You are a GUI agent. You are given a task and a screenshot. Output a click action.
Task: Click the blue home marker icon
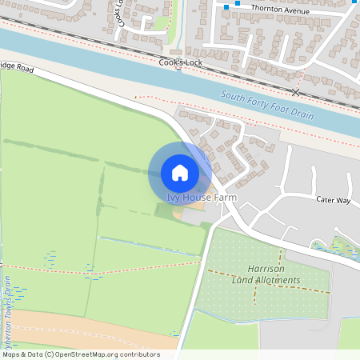[180, 172]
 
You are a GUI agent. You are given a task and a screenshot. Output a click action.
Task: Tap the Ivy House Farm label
[202, 198]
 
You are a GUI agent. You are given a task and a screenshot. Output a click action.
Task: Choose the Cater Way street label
[333, 199]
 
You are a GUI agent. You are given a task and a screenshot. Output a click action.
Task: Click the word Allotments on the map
[277, 280]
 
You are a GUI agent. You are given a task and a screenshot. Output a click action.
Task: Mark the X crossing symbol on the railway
[296, 93]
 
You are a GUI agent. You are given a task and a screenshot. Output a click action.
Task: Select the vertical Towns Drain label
[7, 308]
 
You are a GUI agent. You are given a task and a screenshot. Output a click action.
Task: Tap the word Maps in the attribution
[11, 354]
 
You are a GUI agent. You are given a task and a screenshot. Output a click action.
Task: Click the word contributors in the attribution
[141, 354]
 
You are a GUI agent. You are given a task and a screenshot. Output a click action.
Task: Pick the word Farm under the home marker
[225, 198]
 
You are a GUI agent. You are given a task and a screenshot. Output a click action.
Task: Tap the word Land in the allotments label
[242, 280]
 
